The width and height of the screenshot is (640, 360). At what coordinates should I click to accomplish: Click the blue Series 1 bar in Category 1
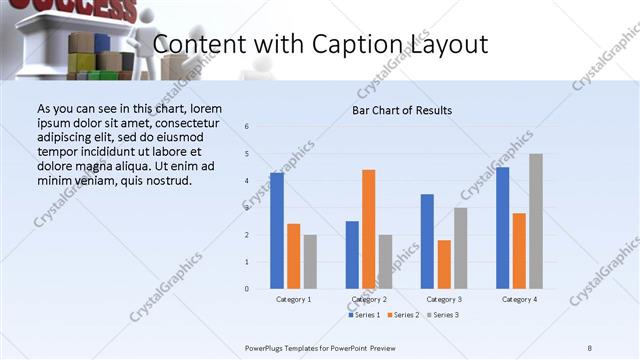click(277, 231)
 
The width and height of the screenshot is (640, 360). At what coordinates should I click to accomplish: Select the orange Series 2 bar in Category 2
click(369, 229)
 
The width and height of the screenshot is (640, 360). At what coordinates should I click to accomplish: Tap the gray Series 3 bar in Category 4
click(536, 221)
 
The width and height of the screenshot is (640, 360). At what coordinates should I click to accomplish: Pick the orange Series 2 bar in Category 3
click(444, 264)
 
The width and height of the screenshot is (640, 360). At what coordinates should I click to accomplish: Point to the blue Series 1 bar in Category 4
click(502, 228)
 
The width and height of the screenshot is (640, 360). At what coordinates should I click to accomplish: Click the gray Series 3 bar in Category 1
click(310, 262)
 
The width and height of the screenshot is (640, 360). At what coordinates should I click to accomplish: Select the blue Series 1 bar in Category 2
click(352, 255)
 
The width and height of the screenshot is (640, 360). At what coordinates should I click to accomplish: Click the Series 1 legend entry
click(365, 315)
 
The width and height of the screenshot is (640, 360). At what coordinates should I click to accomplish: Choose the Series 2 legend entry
click(402, 315)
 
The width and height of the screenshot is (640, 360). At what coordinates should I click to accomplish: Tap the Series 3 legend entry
click(440, 315)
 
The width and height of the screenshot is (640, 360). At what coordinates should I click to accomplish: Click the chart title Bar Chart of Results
click(402, 110)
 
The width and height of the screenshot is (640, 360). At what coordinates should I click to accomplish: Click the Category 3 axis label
click(444, 299)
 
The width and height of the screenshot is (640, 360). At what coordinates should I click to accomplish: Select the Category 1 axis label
click(293, 299)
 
